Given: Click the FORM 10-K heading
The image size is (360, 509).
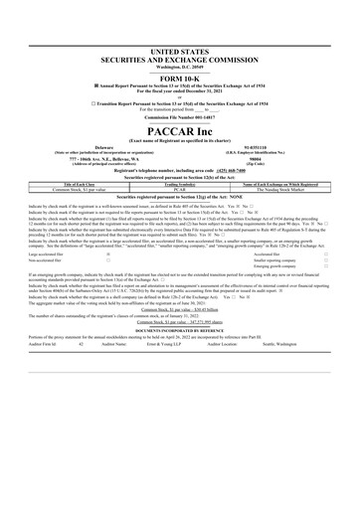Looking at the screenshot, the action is pyautogui.click(x=179, y=79).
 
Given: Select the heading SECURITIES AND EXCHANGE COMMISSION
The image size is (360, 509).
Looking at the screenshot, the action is pyautogui.click(x=179, y=59).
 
